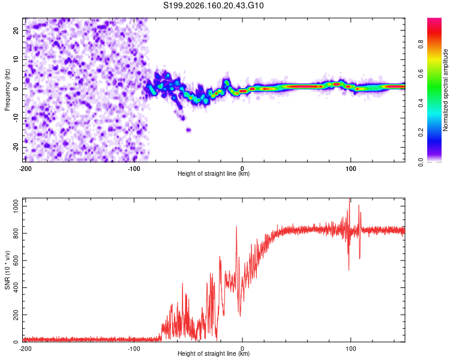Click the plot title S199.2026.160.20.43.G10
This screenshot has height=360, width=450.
[213, 5]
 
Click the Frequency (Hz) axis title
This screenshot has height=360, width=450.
[7, 90]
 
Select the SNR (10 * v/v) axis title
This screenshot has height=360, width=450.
[7, 270]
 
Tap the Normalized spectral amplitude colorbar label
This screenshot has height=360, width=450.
[445, 90]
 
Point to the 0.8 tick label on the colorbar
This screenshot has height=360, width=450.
[421, 44]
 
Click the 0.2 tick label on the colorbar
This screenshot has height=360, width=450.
[421, 133]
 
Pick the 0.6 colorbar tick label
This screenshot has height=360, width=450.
[421, 74]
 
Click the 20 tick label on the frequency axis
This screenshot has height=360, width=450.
[16, 31]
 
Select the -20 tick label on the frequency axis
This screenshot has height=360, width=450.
[16, 147]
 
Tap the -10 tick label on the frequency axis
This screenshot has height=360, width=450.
[16, 118]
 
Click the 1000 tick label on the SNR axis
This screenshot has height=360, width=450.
[16, 206]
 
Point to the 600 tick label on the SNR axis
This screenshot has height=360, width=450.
[16, 260]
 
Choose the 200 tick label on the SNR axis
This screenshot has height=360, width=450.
[16, 314]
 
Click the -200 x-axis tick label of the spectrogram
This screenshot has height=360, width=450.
[25, 169]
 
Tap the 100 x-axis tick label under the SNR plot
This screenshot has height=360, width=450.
[350, 349]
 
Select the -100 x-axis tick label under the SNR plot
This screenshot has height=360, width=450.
[134, 349]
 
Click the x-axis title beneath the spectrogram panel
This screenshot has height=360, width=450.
[214, 173]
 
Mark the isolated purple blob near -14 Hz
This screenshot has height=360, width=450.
[188, 130]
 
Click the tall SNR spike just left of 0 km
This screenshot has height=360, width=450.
[236, 227]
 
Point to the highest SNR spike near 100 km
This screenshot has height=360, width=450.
[349, 199]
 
